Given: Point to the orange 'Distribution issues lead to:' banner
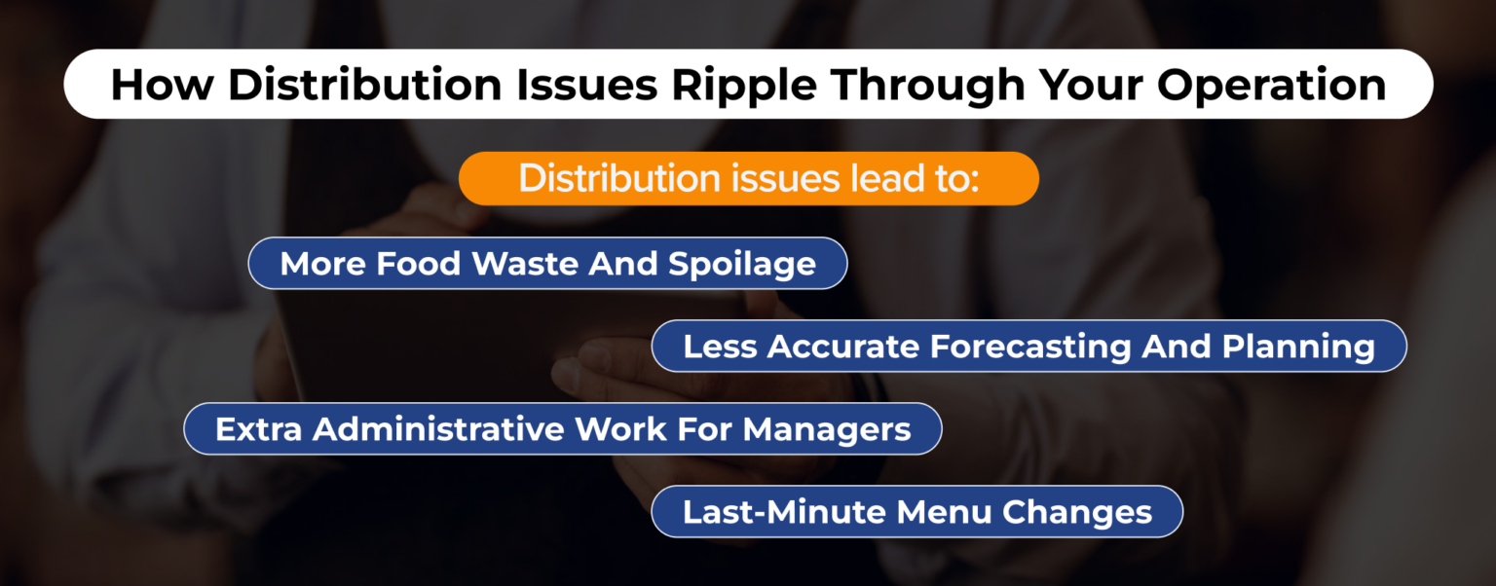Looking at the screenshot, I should [748, 179].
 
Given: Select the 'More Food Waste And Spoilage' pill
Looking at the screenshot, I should [547, 264].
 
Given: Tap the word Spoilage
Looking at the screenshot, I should [743, 265].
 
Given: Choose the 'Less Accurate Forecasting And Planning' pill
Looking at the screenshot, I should [1028, 347].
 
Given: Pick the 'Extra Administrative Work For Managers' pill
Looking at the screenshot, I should [562, 429].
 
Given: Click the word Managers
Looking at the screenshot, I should [827, 430].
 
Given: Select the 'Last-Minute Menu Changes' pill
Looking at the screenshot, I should [916, 512].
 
